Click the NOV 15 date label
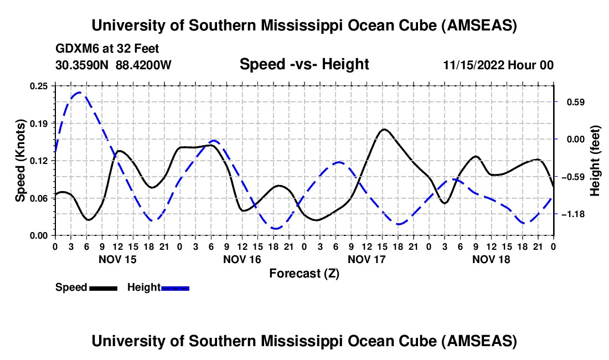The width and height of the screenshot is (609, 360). click(117, 259)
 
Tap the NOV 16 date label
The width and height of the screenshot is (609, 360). click(241, 259)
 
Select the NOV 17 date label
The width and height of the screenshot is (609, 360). click(367, 259)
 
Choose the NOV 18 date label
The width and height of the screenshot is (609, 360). click(491, 259)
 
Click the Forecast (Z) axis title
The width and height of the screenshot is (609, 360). click(304, 273)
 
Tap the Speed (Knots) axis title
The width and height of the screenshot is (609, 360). click(20, 160)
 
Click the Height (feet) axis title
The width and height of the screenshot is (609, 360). click(595, 161)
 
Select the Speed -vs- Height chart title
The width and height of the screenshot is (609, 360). click(304, 64)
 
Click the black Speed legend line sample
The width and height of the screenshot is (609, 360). click(103, 288)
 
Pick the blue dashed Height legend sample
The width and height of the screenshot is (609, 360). click(175, 288)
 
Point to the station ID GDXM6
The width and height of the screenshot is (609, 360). click(75, 49)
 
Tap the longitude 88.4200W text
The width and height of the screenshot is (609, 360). click(144, 65)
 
